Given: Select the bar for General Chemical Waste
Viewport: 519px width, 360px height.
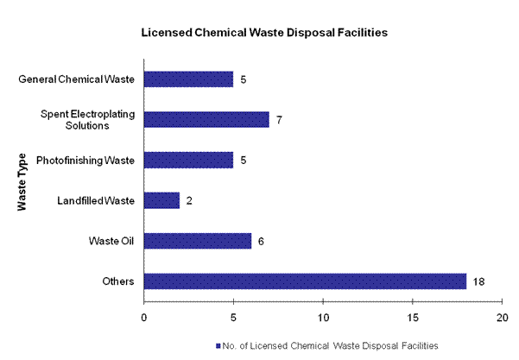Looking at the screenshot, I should click(x=188, y=79).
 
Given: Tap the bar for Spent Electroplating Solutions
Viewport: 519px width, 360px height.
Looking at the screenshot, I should click(x=206, y=119).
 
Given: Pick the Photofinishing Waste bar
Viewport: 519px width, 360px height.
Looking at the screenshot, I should click(x=188, y=160).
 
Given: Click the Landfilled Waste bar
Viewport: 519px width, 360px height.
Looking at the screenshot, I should click(x=161, y=200).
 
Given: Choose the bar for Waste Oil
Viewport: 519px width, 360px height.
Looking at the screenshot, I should click(x=198, y=240).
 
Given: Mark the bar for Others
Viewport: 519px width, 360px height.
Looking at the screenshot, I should click(x=305, y=281).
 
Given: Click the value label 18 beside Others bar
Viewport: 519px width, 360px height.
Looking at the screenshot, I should click(x=478, y=281).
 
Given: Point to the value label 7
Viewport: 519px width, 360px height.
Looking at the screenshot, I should click(x=279, y=120).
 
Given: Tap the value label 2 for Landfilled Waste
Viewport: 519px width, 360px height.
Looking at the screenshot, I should click(x=189, y=200).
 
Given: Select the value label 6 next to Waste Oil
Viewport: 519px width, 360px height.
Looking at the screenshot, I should click(x=261, y=241).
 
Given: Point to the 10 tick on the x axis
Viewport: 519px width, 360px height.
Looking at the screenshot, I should click(x=323, y=315).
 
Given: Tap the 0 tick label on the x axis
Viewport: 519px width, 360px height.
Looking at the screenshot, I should click(x=144, y=315).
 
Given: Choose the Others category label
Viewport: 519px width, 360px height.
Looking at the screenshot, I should click(x=119, y=281).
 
